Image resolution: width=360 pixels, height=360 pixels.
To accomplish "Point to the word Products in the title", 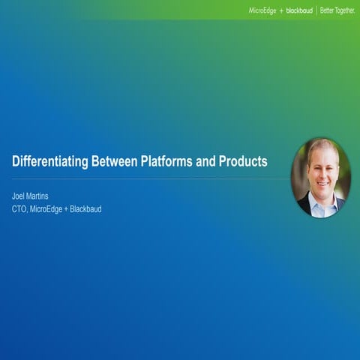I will (242, 161).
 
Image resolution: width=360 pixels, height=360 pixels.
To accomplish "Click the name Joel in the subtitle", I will (19, 196).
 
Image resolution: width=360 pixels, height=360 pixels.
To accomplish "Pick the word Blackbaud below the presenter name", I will (85, 208).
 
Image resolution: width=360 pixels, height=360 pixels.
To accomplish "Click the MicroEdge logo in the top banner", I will (262, 10).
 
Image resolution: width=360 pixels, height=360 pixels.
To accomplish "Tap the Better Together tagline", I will (337, 10).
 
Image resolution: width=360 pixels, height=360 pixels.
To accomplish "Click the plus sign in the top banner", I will (281, 10).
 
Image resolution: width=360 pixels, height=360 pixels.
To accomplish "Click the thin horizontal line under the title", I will (150, 179).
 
